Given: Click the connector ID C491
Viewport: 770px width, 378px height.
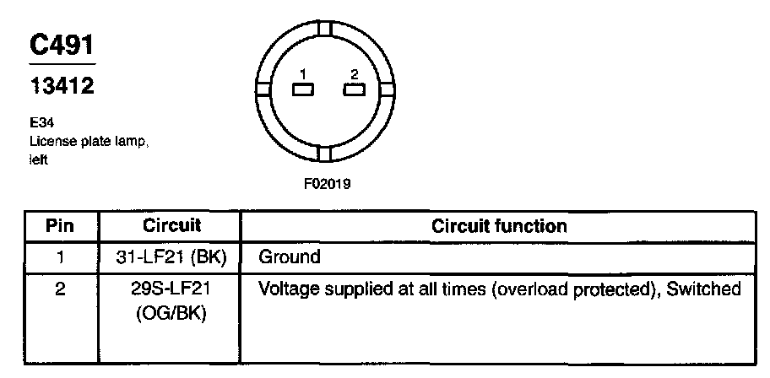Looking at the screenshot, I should coord(62,46).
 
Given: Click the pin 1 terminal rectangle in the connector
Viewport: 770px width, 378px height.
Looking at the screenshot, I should coord(302,90).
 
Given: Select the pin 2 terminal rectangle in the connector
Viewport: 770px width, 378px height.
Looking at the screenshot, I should coord(354,90).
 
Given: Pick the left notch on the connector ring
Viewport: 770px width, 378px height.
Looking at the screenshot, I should coord(263,89).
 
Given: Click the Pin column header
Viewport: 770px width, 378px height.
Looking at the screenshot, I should coord(59,226).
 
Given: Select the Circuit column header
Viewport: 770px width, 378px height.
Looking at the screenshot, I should coord(171,226).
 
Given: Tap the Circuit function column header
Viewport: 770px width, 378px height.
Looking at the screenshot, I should coord(499,226).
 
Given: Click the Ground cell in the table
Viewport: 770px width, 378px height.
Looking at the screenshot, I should coord(290,256).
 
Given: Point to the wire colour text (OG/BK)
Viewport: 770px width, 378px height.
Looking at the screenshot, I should coord(171,310).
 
